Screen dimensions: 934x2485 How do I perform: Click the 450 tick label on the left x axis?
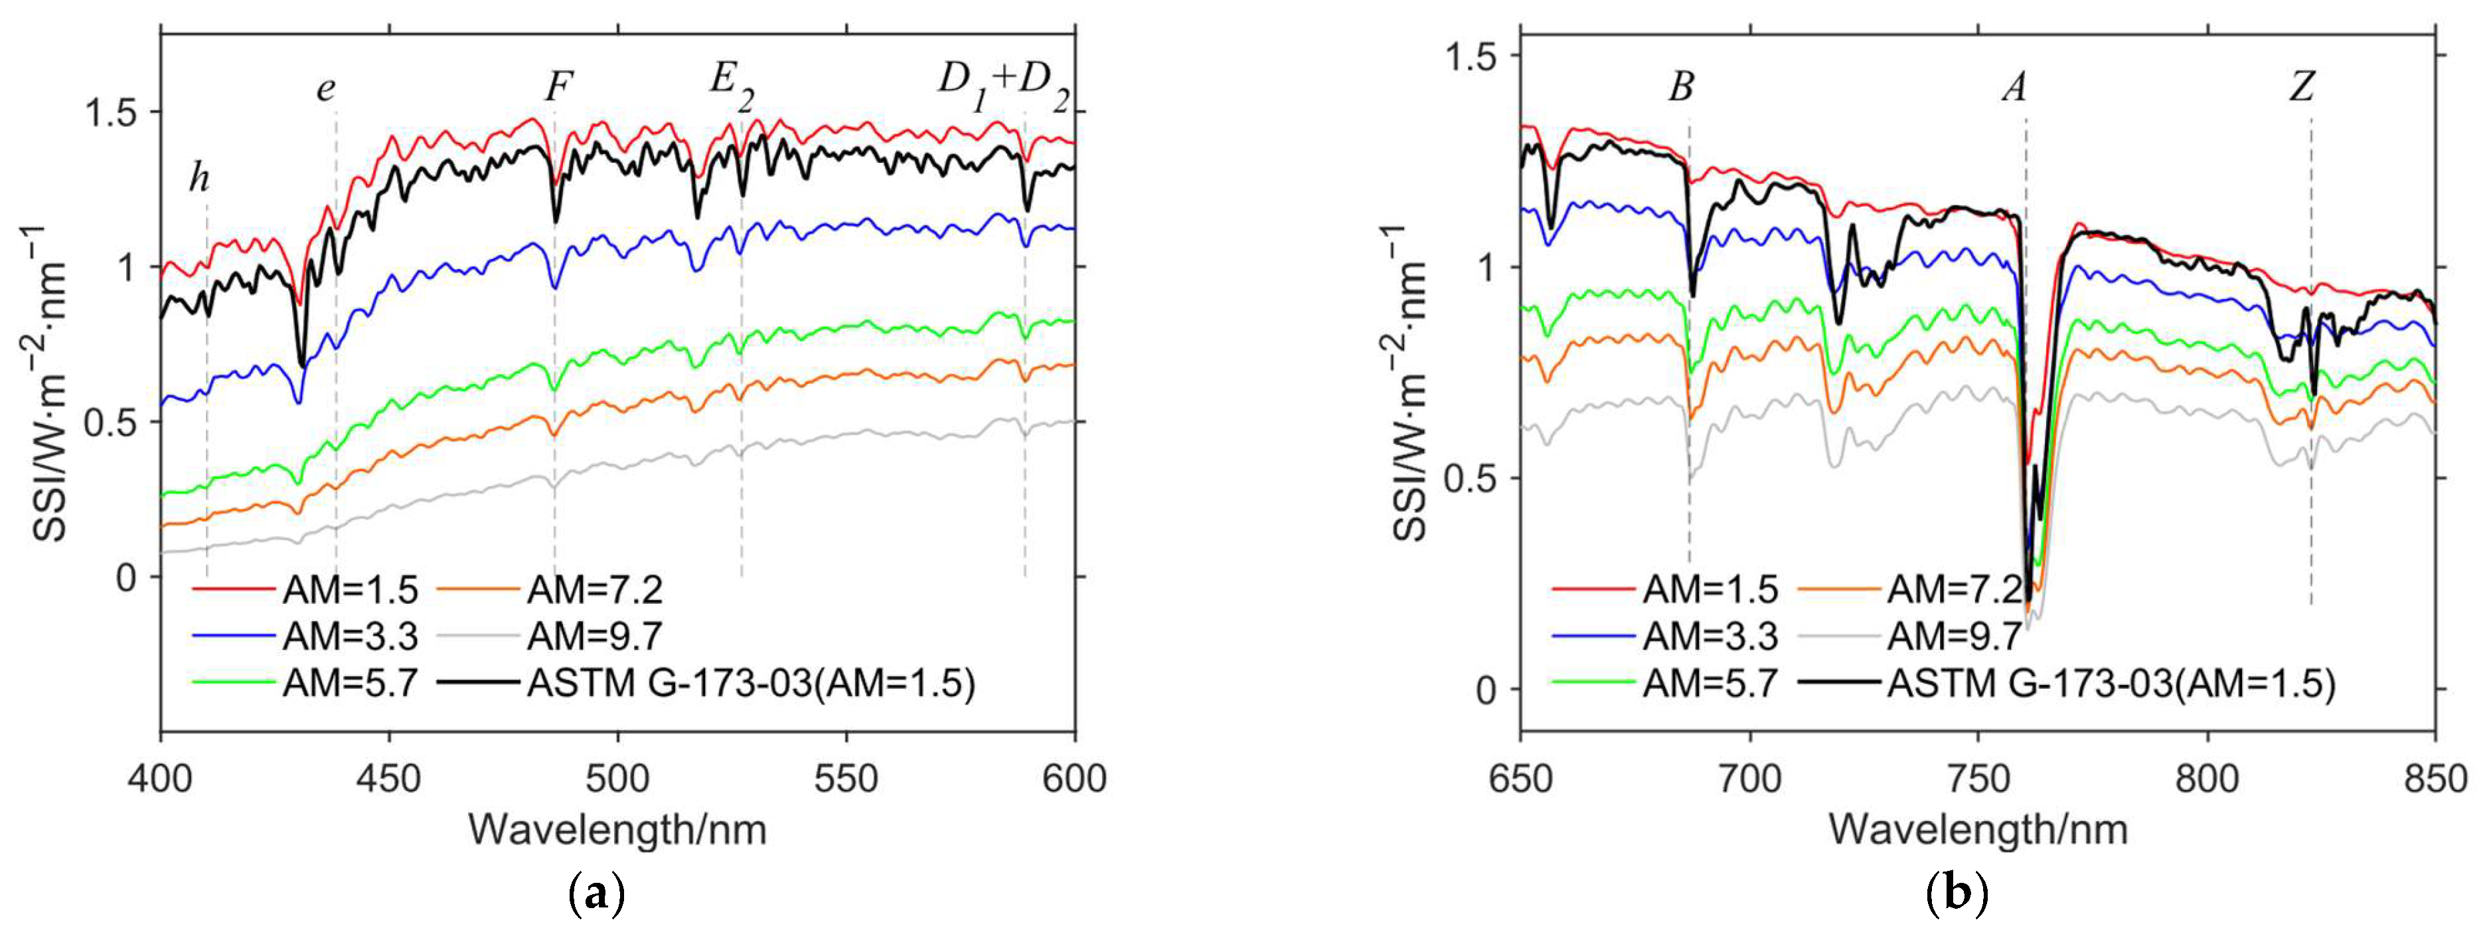[x=389, y=778]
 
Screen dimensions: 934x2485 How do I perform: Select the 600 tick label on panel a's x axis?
[x=1074, y=778]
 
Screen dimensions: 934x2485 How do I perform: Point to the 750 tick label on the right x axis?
[x=1978, y=778]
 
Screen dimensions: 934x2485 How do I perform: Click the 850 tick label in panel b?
[x=2435, y=778]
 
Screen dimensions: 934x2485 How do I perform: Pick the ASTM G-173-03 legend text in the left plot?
[x=750, y=683]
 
